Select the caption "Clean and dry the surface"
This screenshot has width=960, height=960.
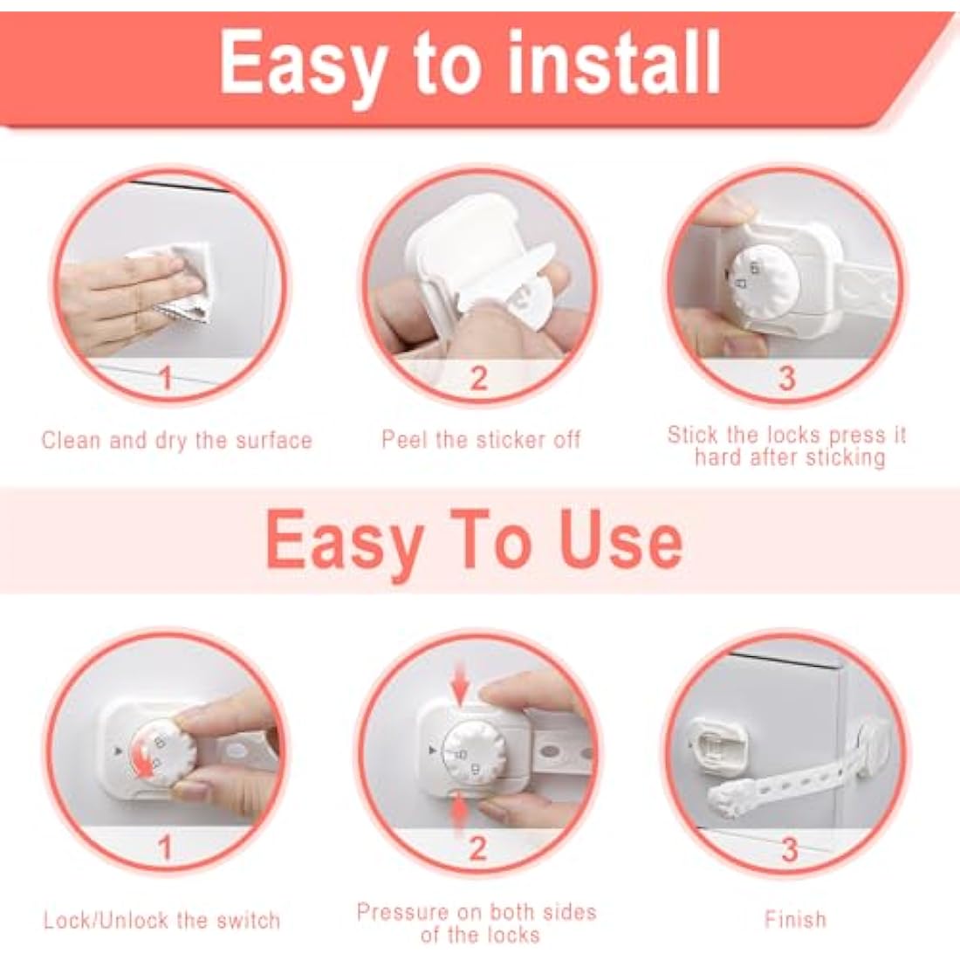click(x=176, y=440)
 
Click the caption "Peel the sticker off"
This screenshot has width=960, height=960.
click(x=480, y=439)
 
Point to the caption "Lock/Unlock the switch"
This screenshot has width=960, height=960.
click(x=161, y=920)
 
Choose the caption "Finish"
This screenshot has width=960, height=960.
click(x=794, y=919)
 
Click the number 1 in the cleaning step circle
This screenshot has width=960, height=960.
click(x=166, y=378)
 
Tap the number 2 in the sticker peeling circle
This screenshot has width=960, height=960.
click(x=478, y=378)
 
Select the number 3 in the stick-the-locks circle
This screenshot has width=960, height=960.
click(x=786, y=378)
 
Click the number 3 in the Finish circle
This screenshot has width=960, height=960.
click(x=789, y=848)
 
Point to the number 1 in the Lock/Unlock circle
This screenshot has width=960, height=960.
click(x=164, y=847)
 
